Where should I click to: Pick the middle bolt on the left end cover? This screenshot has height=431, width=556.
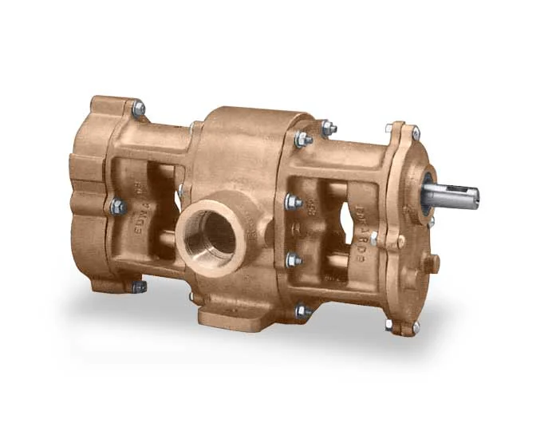click(118, 207)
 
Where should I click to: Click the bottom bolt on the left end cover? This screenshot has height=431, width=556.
click(139, 286)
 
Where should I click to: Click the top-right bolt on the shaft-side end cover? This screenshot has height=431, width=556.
click(415, 132)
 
